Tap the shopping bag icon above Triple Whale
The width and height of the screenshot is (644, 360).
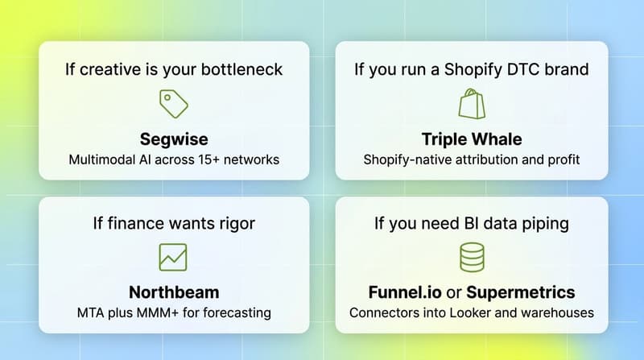471,104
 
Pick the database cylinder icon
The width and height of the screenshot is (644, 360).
471,257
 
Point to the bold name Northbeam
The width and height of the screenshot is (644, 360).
174,292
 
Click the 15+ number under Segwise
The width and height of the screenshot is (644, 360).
204,159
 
